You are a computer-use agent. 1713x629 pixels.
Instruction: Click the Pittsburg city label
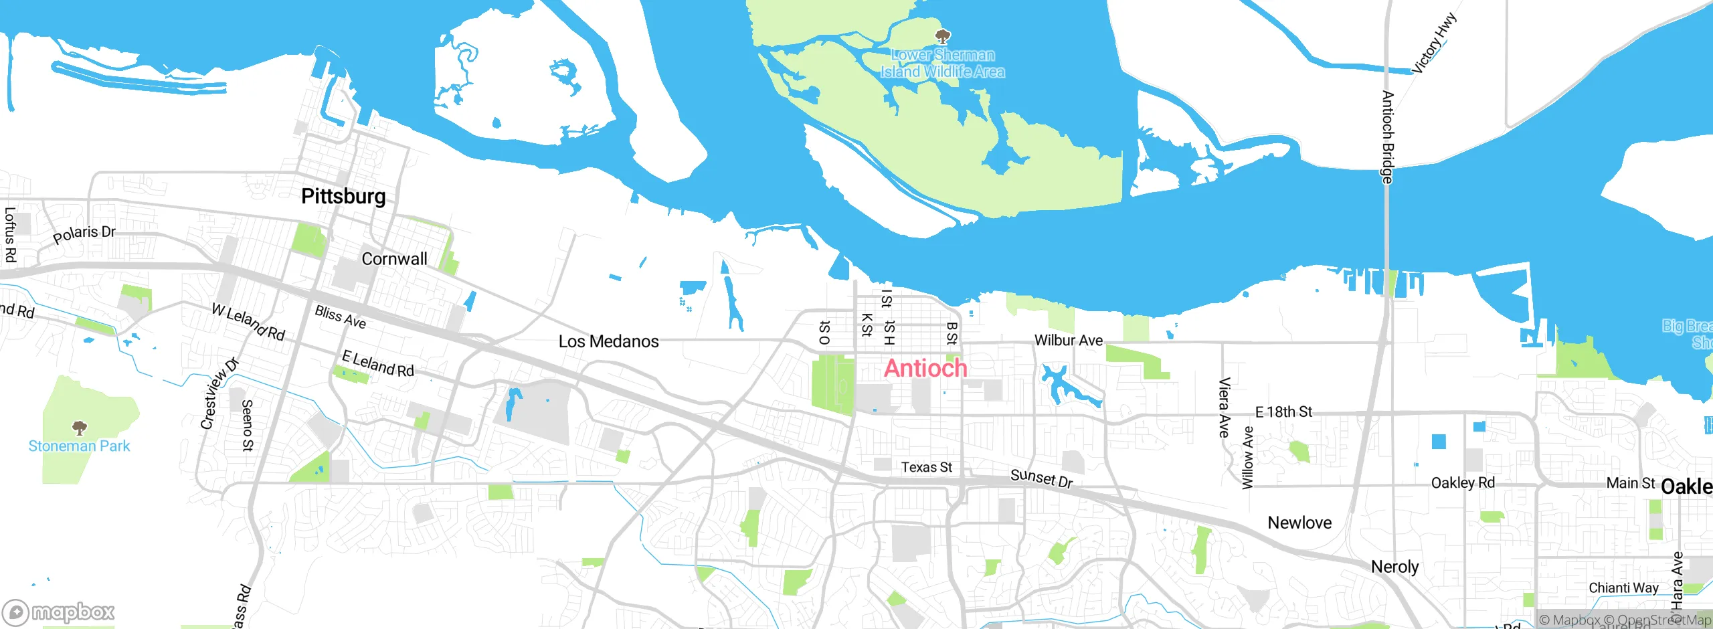343,196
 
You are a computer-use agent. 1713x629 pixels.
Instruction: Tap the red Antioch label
925,368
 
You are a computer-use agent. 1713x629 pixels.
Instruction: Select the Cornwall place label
394,259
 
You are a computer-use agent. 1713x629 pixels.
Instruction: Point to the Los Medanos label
608,342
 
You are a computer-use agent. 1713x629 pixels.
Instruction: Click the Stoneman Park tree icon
80,427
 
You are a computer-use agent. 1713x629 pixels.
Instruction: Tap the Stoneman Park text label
79,446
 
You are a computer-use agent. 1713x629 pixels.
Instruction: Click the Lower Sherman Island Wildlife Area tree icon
943,36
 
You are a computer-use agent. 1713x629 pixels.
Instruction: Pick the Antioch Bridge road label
1388,137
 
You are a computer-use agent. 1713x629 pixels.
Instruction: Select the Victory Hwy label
1433,43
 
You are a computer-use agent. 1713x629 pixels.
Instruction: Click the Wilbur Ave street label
1069,341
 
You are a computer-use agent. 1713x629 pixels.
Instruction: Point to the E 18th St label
1283,412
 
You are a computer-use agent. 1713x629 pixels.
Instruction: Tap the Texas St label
926,467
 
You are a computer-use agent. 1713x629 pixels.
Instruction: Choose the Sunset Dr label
1041,478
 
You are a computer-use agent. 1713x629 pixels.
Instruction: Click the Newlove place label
1299,523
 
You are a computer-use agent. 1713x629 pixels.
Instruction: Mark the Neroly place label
1394,567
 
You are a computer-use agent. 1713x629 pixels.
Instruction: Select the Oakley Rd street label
1463,483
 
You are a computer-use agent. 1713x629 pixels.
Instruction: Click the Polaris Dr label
84,234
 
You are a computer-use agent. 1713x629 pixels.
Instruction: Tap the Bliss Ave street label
341,317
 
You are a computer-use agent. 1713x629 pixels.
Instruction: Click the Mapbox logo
59,612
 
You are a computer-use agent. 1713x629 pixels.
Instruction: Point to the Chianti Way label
1623,588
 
